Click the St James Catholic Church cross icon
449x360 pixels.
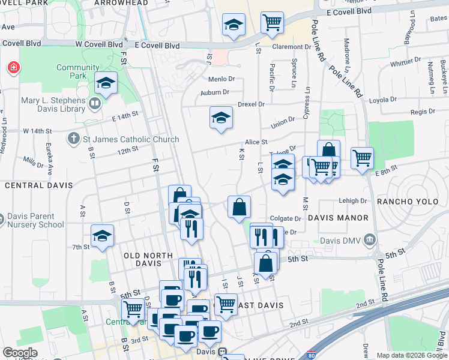click(x=73, y=139)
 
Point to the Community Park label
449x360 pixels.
click(x=78, y=71)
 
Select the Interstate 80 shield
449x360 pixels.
click(x=312, y=355)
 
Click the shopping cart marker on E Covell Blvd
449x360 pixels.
click(x=273, y=23)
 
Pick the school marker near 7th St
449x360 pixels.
click(x=103, y=236)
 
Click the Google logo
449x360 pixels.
click(x=20, y=353)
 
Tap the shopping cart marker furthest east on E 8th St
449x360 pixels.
click(x=362, y=158)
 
